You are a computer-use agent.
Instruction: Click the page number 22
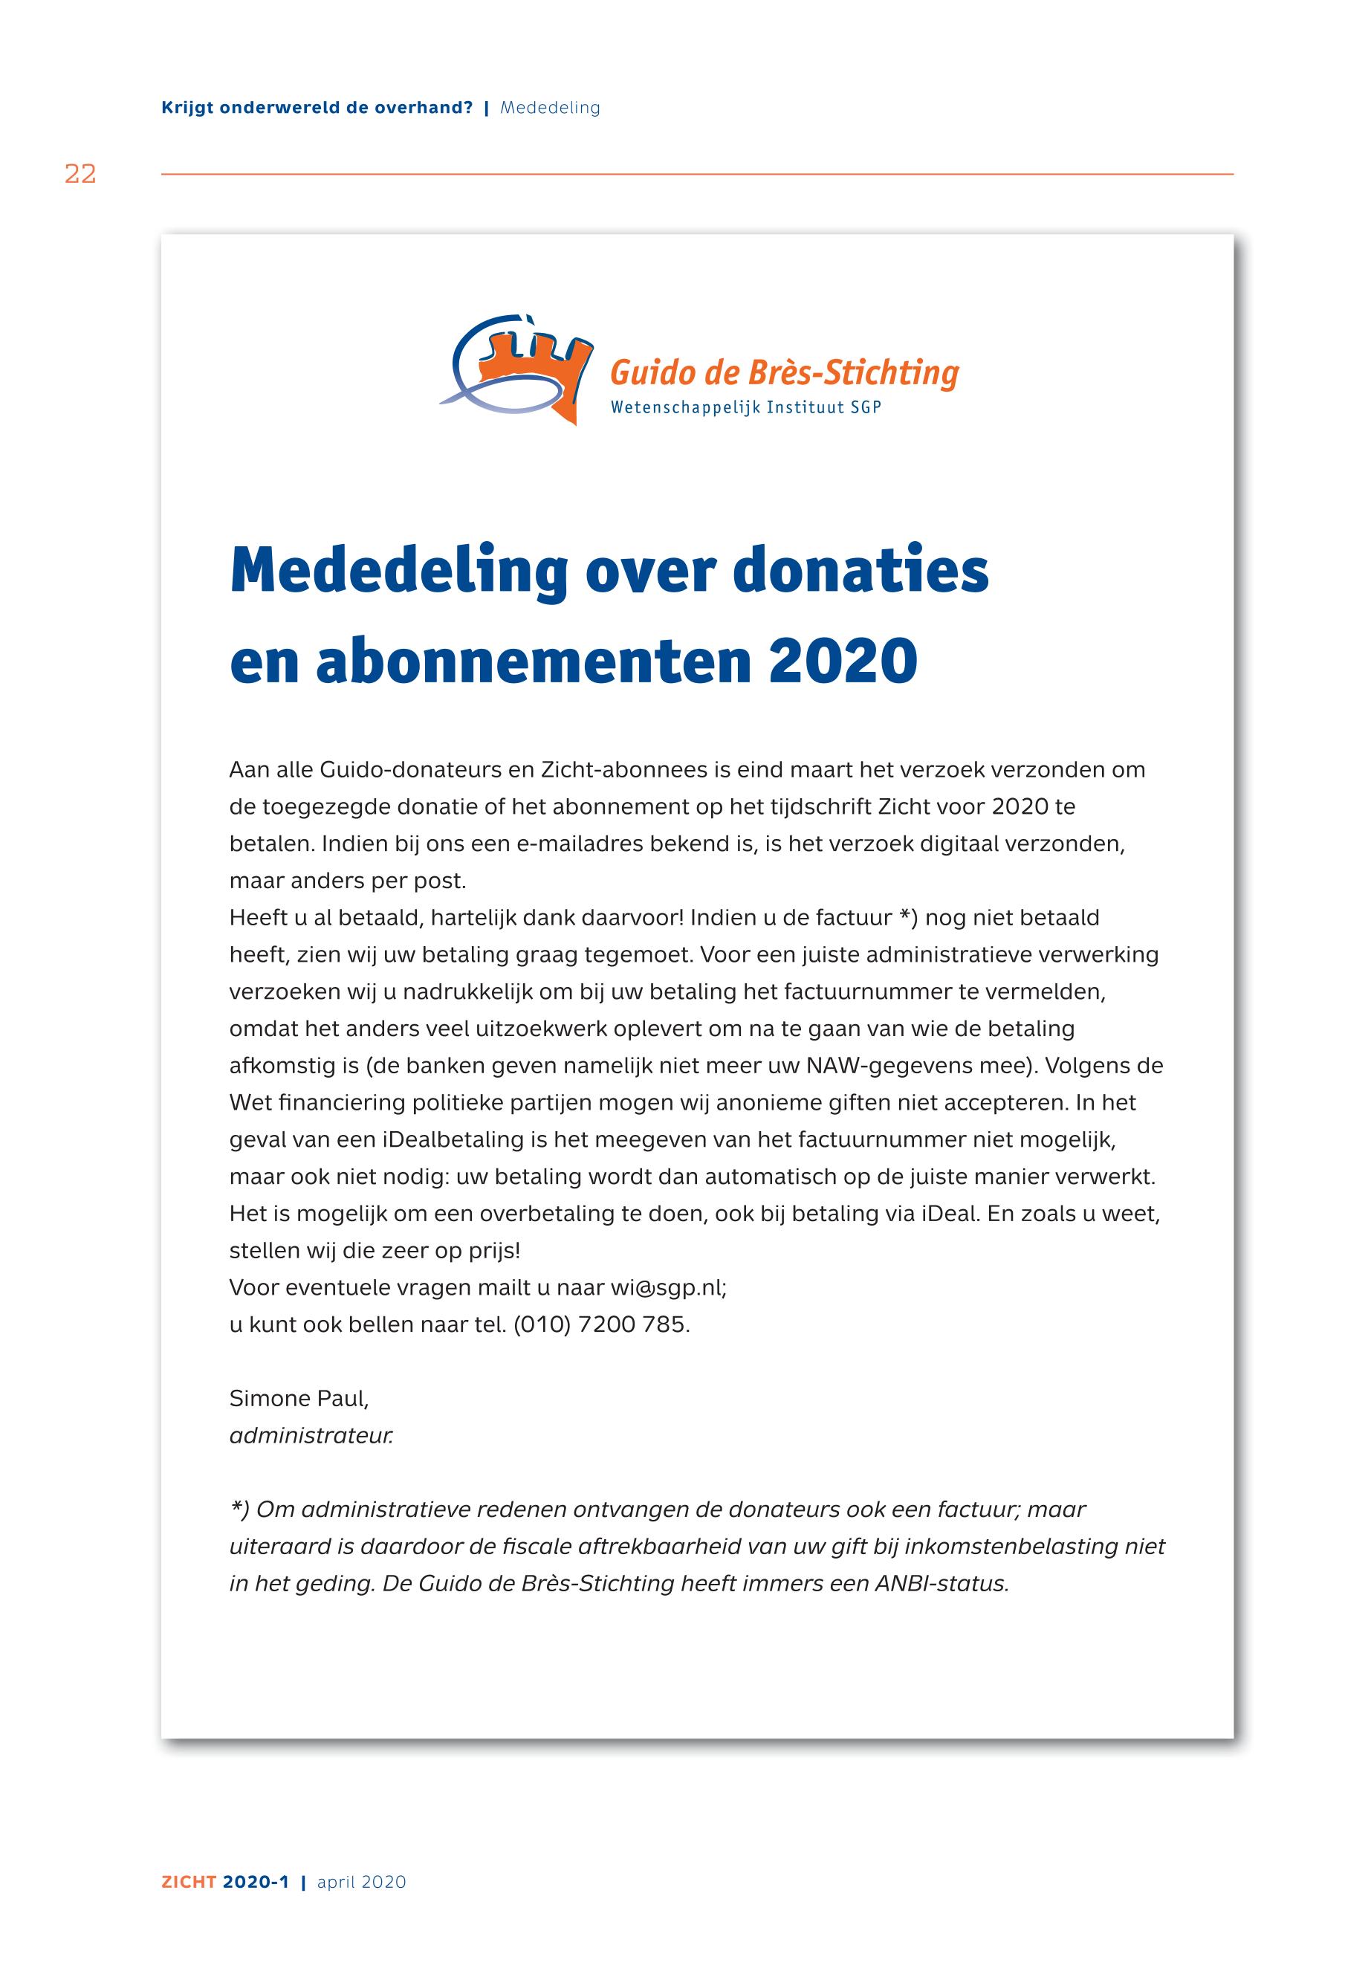pyautogui.click(x=80, y=175)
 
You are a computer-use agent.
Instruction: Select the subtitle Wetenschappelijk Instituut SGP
pyautogui.click(x=745, y=407)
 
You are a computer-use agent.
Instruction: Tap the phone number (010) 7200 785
pyautogui.click(x=601, y=1325)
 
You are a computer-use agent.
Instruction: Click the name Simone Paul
pyautogui.click(x=298, y=1399)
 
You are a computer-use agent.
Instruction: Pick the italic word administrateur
pyautogui.click(x=311, y=1436)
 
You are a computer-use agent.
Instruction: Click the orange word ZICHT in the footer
pyautogui.click(x=189, y=1883)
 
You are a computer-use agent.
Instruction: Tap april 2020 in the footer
pyautogui.click(x=362, y=1883)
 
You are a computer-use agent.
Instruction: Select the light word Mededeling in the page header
pyautogui.click(x=550, y=109)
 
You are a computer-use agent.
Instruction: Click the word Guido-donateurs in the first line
pyautogui.click(x=409, y=770)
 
